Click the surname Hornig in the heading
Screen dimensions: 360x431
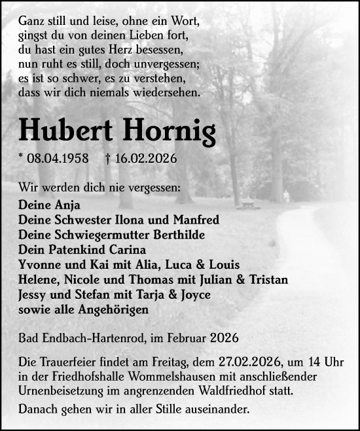tap(168, 131)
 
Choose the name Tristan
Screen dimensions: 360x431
tap(265, 280)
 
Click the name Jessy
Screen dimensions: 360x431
tap(35, 295)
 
